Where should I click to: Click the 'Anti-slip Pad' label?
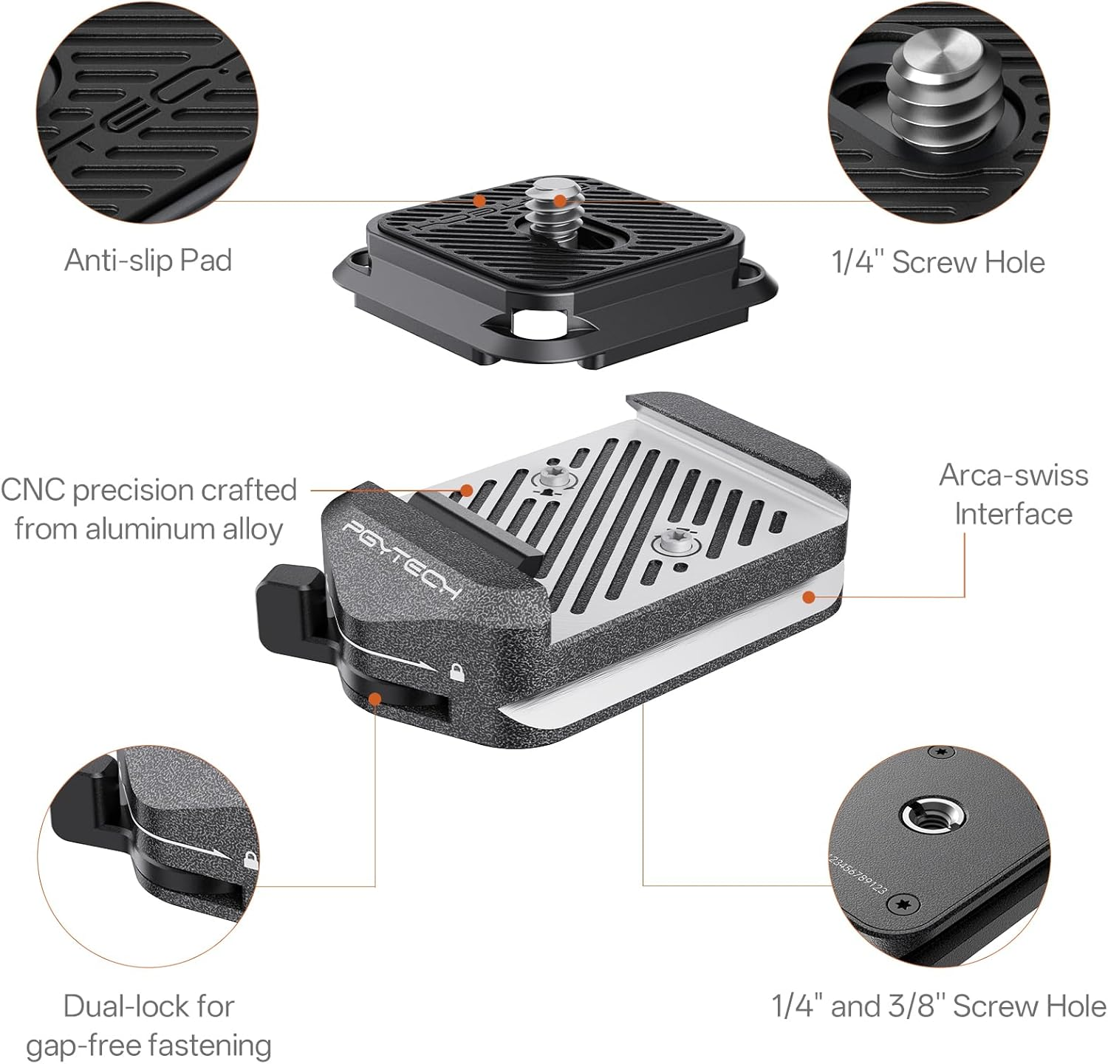[148, 261]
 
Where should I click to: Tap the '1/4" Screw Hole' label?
[938, 262]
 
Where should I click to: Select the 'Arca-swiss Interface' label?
[1013, 495]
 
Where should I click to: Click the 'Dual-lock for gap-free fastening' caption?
[148, 1026]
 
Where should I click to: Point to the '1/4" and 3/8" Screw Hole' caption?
[939, 1006]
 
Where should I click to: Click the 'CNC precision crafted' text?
[148, 490]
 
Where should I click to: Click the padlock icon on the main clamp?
[457, 673]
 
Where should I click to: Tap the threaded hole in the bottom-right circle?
[924, 816]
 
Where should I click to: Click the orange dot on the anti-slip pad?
[480, 200]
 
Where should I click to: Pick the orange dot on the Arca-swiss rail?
[810, 596]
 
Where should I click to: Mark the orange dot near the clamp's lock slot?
[375, 698]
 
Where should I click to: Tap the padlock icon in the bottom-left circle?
[251, 859]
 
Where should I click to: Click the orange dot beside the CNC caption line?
[467, 490]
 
